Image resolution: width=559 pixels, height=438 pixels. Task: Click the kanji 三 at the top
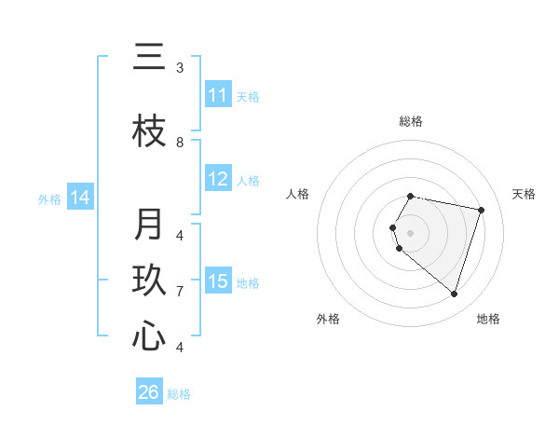coord(149,58)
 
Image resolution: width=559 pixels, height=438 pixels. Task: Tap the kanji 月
coord(149,225)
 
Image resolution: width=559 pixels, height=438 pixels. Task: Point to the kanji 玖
coord(149,281)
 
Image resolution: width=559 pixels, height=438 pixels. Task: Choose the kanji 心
coord(149,336)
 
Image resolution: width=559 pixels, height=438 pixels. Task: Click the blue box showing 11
coord(218,95)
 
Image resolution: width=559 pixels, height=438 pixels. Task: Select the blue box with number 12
coord(218,180)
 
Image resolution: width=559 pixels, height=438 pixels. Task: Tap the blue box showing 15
coord(218,281)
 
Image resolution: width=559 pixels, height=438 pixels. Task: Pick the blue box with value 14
coord(80,198)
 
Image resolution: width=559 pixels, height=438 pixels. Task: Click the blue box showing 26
coord(149,392)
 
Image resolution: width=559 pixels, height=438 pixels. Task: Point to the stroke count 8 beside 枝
coord(180,142)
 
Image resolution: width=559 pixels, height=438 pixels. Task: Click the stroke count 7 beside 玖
coord(180,292)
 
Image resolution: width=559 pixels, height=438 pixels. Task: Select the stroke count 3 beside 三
coord(180,68)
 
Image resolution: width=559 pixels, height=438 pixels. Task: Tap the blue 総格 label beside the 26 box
coord(179,394)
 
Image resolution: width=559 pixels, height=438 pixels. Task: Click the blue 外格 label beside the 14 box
coord(49,198)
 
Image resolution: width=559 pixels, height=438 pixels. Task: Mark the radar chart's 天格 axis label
coord(524,194)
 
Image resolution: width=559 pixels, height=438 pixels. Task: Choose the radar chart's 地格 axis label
coord(488,319)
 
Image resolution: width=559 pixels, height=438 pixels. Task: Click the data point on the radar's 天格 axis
coord(481,210)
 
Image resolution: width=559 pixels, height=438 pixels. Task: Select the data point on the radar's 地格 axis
coord(454,294)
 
